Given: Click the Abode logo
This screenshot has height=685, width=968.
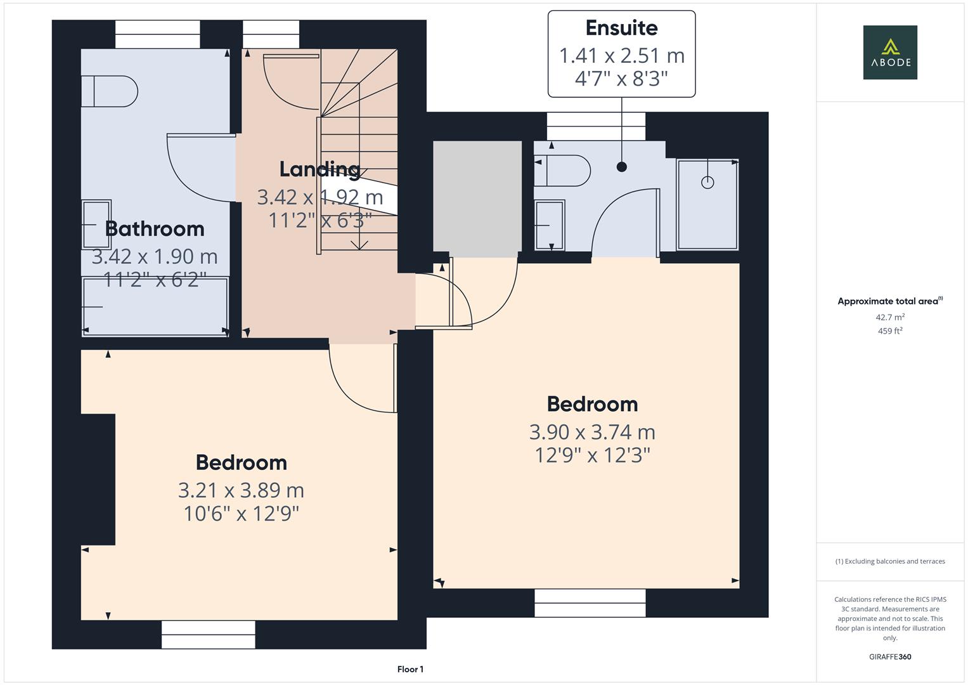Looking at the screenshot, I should tap(890, 53).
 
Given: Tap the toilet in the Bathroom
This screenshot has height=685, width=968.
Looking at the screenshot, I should tap(110, 91).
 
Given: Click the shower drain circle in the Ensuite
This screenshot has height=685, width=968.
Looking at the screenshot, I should tap(707, 183).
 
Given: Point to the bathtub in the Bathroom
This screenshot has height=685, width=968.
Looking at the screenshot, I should tap(155, 306).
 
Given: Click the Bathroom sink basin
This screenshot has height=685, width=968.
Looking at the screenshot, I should tap(96, 225).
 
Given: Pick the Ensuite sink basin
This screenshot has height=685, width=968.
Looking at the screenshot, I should tap(549, 225).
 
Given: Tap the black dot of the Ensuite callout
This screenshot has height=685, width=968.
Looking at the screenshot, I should tap(621, 167).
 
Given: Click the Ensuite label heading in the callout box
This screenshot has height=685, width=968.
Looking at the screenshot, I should tap(621, 28).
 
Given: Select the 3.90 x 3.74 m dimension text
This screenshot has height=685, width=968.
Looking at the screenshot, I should tap(592, 432).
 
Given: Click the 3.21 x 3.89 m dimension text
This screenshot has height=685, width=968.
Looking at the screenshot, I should tap(241, 490).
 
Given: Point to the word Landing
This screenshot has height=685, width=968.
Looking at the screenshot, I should tap(319, 169).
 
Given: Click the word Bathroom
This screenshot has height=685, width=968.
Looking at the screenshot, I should tap(155, 228).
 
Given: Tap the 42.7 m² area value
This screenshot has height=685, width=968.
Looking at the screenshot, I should tap(890, 317).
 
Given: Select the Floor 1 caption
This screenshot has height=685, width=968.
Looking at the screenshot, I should tap(410, 669).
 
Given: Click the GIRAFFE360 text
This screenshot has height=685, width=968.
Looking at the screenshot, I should tap(890, 656).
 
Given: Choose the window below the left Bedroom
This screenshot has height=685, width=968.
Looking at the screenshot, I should tap(208, 634).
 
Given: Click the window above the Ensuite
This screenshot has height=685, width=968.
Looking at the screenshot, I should tap(596, 126).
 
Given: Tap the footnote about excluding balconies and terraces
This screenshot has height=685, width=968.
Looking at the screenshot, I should tap(890, 561).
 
